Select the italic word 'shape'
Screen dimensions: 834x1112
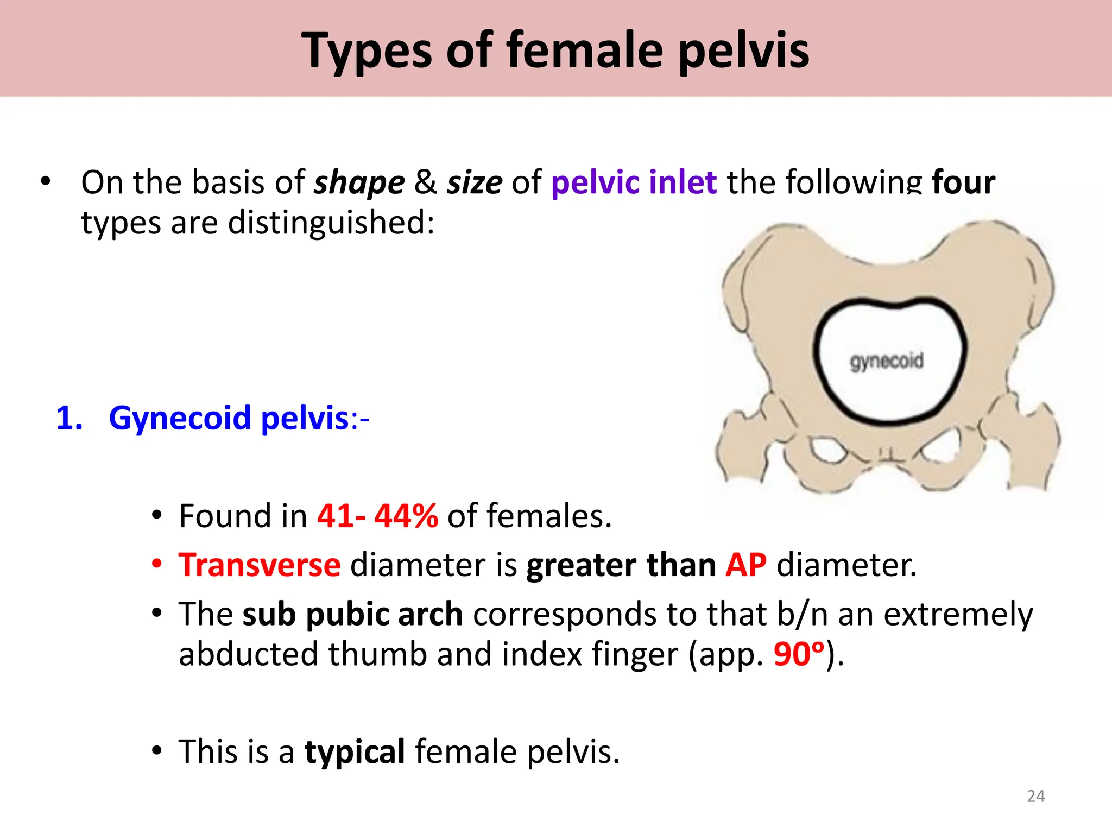[x=359, y=182]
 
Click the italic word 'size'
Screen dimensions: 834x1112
[x=475, y=182]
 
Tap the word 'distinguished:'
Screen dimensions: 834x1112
[x=331, y=223]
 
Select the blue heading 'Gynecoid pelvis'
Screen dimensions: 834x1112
[x=229, y=418]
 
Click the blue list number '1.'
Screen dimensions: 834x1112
[x=69, y=418]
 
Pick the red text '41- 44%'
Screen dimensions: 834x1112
[x=377, y=516]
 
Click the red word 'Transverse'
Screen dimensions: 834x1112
[x=260, y=565]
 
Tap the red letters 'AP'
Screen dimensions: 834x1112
[x=746, y=565]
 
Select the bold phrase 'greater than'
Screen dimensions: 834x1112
[x=621, y=565]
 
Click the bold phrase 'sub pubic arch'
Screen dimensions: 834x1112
[x=352, y=614]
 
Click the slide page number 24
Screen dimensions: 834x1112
[x=1035, y=796]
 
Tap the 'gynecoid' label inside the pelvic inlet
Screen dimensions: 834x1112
[x=886, y=361]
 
